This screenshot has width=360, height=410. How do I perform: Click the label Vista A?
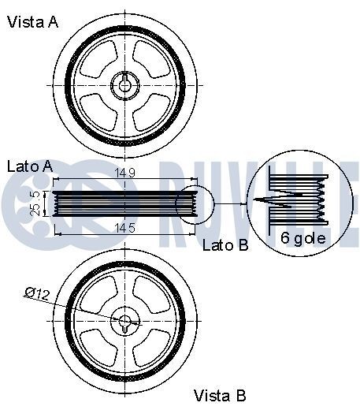(x=32, y=22)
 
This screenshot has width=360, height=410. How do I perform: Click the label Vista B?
(x=221, y=394)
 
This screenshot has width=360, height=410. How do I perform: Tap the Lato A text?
(x=29, y=166)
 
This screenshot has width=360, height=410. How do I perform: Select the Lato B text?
(x=225, y=245)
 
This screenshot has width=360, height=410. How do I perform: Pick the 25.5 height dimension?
(x=33, y=202)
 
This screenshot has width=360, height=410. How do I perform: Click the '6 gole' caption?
(x=303, y=237)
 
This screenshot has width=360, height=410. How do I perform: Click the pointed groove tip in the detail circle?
(x=258, y=200)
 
